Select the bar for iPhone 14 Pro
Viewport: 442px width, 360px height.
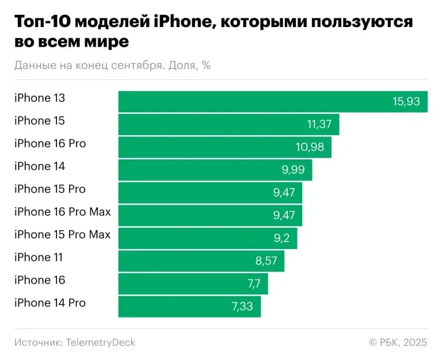[189, 307]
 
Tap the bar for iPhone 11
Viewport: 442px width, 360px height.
[201, 261]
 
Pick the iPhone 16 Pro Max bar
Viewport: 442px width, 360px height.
[210, 216]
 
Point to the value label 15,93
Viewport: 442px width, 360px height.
[406, 102]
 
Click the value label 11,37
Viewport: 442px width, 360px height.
[318, 125]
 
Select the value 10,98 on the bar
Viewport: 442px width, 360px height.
[310, 147]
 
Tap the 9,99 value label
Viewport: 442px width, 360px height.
[291, 170]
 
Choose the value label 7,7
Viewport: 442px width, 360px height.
[254, 284]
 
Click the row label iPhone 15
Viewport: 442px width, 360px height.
[40, 121]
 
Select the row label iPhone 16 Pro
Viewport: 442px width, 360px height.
[50, 143]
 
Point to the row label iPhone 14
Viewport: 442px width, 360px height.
[40, 166]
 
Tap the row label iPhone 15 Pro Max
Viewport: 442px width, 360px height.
[62, 235]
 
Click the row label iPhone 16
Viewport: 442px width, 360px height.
[40, 280]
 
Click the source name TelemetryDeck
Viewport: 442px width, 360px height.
[101, 342]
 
